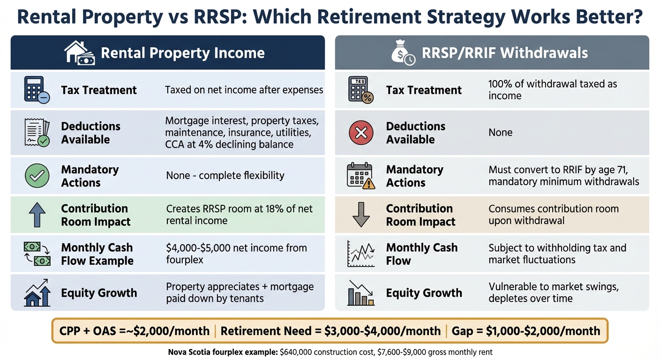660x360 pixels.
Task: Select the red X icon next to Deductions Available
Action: [361, 133]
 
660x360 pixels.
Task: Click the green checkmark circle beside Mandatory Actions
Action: [37, 176]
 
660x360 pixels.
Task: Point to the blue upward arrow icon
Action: [37, 215]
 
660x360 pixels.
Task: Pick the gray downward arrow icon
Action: [361, 215]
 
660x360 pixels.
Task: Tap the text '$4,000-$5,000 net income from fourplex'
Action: [236, 254]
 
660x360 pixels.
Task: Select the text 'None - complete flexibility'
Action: [225, 176]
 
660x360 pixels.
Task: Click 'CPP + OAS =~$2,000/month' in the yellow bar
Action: [135, 331]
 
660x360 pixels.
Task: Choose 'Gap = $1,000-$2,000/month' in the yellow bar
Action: [525, 331]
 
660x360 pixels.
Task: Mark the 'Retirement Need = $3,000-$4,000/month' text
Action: [330, 331]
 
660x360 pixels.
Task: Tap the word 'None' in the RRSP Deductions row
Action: [500, 133]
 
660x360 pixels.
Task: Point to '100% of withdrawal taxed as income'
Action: [552, 90]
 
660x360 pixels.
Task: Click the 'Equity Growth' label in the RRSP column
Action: [424, 293]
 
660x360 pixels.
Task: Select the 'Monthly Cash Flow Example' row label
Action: [97, 254]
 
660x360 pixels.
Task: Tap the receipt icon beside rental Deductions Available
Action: [37, 133]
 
